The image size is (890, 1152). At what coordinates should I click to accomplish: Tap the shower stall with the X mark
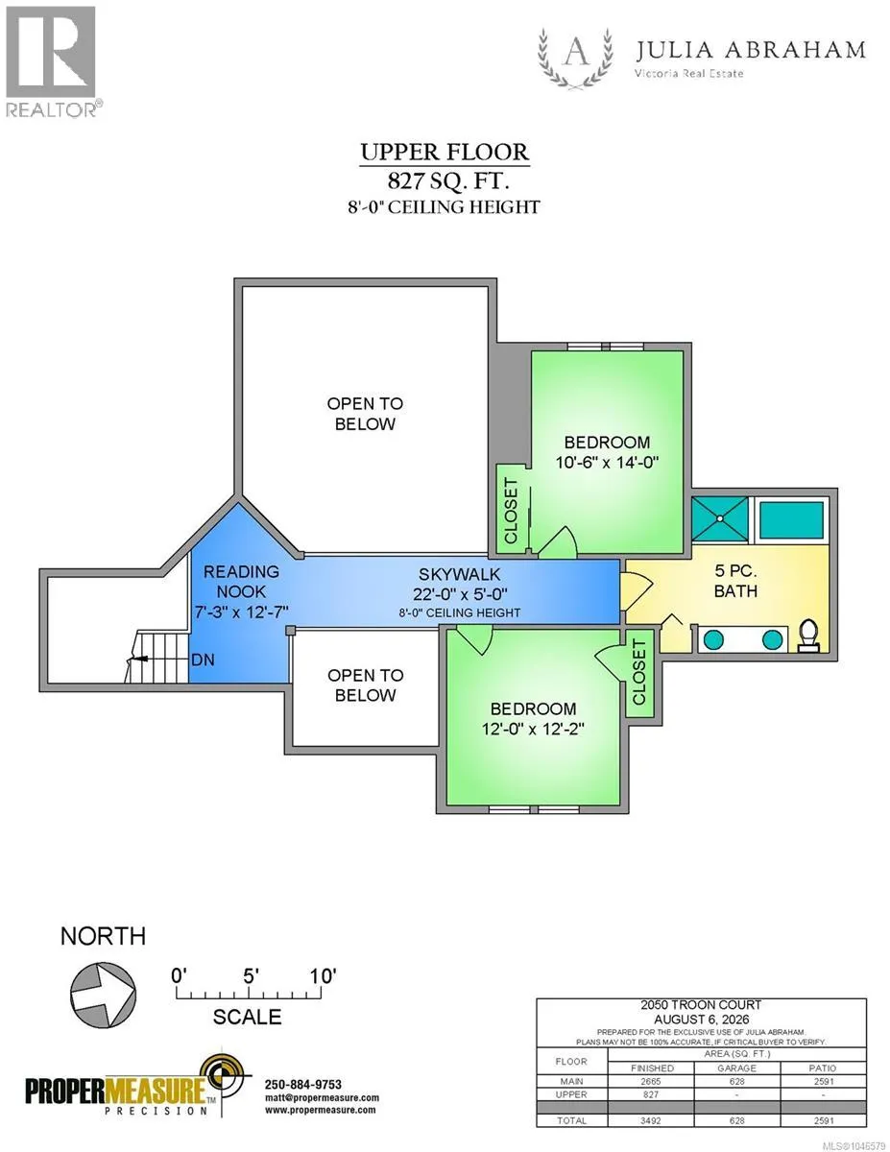pyautogui.click(x=720, y=520)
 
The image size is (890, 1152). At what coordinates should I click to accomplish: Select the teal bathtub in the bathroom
pyautogui.click(x=791, y=520)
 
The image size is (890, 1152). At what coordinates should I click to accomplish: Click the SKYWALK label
pyautogui.click(x=460, y=574)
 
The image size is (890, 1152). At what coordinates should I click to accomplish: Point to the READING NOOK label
pyautogui.click(x=241, y=582)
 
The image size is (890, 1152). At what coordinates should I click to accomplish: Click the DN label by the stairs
pyautogui.click(x=203, y=660)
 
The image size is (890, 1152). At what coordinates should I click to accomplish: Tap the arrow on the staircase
pyautogui.click(x=137, y=659)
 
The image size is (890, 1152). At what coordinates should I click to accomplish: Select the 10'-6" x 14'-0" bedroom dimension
pyautogui.click(x=607, y=463)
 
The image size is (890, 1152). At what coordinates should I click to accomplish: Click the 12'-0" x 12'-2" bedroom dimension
pyautogui.click(x=533, y=729)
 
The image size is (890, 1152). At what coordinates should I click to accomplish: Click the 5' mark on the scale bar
pyautogui.click(x=251, y=976)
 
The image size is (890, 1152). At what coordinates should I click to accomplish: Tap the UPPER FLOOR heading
pyautogui.click(x=445, y=152)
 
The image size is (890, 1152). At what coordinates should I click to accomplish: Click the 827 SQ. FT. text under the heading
pyautogui.click(x=448, y=181)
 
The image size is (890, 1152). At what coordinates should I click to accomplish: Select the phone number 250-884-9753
pyautogui.click(x=303, y=1084)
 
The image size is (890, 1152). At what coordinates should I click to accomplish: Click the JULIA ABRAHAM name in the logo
pyautogui.click(x=750, y=50)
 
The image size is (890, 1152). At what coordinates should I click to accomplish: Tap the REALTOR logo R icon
pyautogui.click(x=51, y=52)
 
